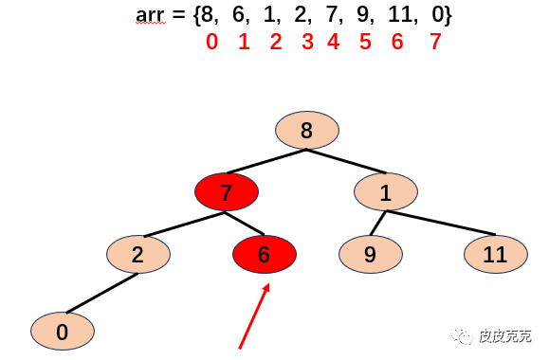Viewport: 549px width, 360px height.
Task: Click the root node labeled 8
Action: click(x=306, y=130)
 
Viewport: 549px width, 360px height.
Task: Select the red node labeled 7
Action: click(x=227, y=191)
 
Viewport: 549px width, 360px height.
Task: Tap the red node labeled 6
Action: click(x=265, y=254)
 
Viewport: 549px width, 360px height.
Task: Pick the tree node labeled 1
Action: click(x=386, y=191)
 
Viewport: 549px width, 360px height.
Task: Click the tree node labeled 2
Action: click(x=138, y=254)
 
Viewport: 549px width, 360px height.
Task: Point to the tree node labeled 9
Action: click(x=371, y=254)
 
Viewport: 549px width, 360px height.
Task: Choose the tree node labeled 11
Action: click(x=496, y=254)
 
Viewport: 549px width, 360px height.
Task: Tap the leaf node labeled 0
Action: click(x=63, y=331)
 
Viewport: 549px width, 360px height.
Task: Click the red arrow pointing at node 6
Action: click(x=254, y=315)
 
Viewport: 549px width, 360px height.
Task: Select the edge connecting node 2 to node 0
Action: click(x=102, y=293)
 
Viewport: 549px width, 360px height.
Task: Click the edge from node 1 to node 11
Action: click(x=441, y=223)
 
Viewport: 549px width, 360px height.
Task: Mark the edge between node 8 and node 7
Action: click(x=266, y=161)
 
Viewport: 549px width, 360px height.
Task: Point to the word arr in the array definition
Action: click(x=150, y=15)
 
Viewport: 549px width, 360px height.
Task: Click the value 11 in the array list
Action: click(x=400, y=15)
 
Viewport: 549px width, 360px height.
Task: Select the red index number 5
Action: click(x=365, y=42)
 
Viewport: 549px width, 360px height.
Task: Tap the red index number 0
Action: click(x=212, y=42)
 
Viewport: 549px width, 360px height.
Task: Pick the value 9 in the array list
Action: click(x=363, y=15)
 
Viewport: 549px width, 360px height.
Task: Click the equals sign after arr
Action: click(x=178, y=15)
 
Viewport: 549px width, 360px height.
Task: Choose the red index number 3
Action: click(x=307, y=42)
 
